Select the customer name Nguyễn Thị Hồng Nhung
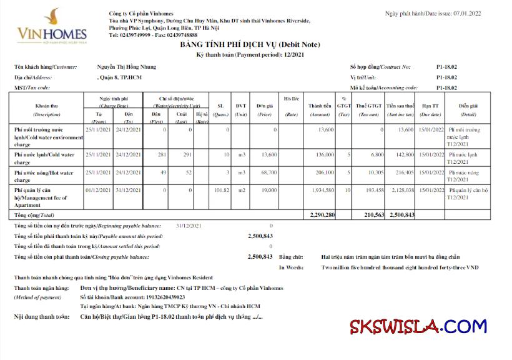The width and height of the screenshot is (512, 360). [x=127, y=67]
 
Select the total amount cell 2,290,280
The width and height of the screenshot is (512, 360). [x=322, y=214]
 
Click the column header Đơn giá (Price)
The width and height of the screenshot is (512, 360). [x=264, y=110]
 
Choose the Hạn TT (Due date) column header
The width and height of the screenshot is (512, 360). [x=430, y=110]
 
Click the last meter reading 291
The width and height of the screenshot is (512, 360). [x=182, y=154]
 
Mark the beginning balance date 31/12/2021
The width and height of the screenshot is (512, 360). [x=189, y=225]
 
